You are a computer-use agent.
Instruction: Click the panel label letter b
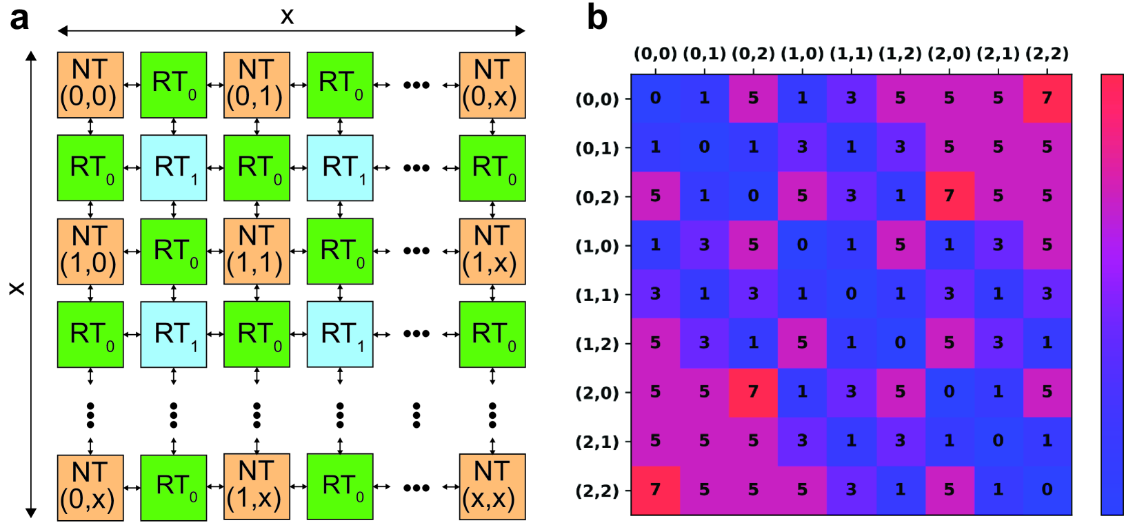[x=596, y=17]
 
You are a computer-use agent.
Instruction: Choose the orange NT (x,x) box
[x=492, y=486]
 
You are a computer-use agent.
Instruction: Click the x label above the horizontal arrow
[x=288, y=16]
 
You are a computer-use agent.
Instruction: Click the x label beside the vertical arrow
[x=16, y=288]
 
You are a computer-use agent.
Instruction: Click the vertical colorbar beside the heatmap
[x=1112, y=294]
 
